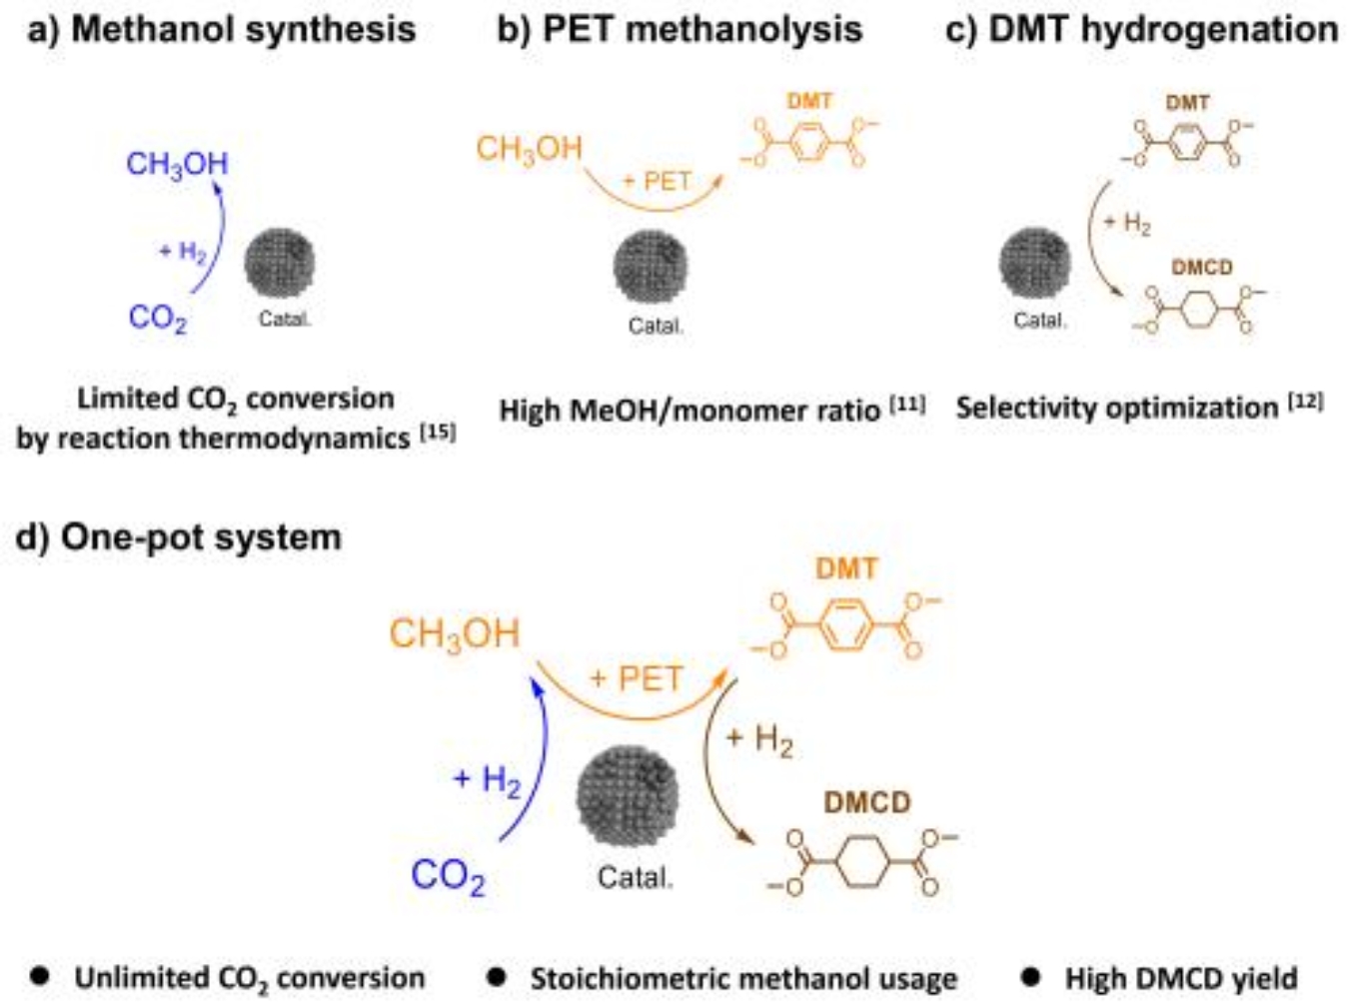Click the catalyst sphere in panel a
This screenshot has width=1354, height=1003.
[280, 263]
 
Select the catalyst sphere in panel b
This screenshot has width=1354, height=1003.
[651, 267]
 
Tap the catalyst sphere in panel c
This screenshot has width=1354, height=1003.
[1034, 263]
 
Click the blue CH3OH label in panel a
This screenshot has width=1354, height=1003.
[177, 164]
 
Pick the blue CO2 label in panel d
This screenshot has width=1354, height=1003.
[448, 876]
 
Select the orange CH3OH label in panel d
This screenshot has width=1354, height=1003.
[455, 633]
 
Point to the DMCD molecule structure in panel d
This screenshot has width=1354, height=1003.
[861, 862]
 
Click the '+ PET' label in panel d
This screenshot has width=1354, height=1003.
[636, 679]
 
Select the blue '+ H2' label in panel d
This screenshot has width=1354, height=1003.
[488, 779]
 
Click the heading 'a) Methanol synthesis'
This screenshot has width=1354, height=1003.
[222, 29]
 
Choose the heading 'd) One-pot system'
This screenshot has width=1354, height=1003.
[179, 537]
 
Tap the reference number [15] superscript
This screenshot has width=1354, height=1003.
[438, 432]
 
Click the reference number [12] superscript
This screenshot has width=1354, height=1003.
[1306, 402]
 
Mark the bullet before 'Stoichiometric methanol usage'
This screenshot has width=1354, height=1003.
[496, 976]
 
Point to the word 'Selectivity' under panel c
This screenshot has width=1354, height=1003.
[1016, 408]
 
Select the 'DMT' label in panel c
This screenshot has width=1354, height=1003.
[1187, 102]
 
